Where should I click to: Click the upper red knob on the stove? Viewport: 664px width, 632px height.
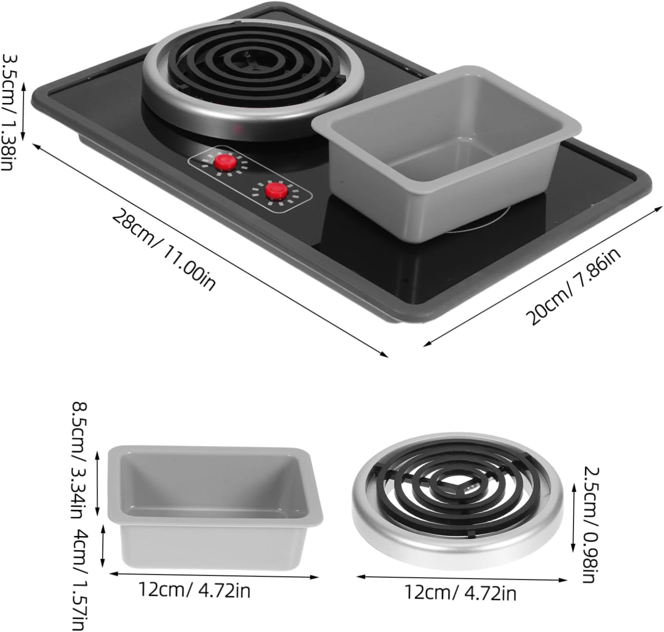point(225,162)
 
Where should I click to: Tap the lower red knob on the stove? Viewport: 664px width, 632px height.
point(276,191)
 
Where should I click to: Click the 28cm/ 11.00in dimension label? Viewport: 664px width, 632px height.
point(163,249)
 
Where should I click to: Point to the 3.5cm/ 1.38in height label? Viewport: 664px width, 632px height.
point(10,112)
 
